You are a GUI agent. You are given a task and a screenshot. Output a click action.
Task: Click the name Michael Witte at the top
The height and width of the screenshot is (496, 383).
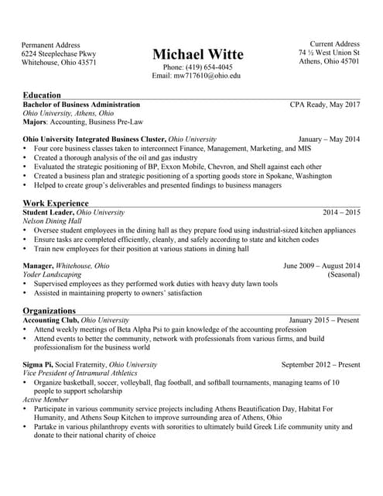197,54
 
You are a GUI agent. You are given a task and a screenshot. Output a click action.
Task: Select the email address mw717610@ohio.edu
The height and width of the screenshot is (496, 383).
197,76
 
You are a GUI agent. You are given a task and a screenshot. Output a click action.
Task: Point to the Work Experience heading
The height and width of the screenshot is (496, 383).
56,203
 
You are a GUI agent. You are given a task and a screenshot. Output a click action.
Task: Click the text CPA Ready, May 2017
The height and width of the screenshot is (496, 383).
325,104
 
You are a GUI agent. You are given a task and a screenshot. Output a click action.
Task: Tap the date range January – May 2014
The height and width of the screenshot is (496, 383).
329,139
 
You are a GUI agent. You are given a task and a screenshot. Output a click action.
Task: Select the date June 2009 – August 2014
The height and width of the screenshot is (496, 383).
322,266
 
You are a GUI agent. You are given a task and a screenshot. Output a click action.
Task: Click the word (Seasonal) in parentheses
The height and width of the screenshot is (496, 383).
344,275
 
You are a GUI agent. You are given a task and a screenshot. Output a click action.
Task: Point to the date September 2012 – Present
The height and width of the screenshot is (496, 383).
320,364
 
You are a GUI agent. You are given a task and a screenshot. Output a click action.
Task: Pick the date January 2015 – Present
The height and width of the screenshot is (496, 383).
324,320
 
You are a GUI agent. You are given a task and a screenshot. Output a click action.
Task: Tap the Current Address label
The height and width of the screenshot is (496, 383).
334,44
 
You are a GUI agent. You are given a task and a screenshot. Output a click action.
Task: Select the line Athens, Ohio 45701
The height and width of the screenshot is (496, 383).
329,62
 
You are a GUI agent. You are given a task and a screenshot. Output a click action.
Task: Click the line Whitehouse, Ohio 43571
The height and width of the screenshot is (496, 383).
59,63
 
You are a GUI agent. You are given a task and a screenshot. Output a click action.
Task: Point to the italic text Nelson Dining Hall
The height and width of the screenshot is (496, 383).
55,221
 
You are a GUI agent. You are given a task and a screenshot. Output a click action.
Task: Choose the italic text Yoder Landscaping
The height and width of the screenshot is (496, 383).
52,275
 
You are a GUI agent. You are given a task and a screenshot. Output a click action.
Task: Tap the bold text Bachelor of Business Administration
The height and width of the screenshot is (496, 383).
81,104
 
